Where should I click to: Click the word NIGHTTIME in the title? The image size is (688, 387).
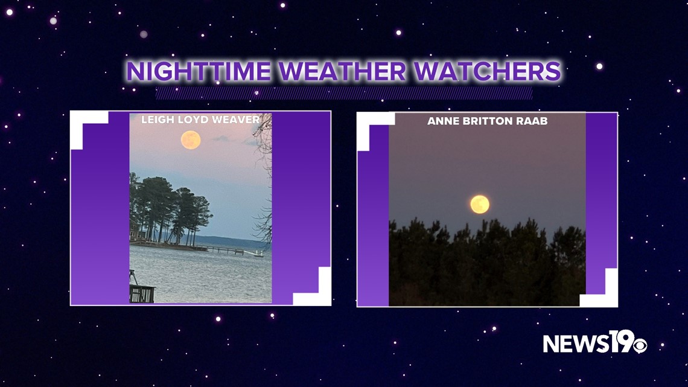(199, 71)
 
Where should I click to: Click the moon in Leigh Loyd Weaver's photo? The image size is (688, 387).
(191, 140)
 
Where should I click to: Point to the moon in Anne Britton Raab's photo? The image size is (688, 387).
(480, 205)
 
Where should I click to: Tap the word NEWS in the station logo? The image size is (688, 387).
(576, 344)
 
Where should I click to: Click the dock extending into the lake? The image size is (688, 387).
(226, 250)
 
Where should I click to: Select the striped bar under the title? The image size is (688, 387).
(344, 93)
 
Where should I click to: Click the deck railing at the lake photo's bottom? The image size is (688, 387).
(142, 293)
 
